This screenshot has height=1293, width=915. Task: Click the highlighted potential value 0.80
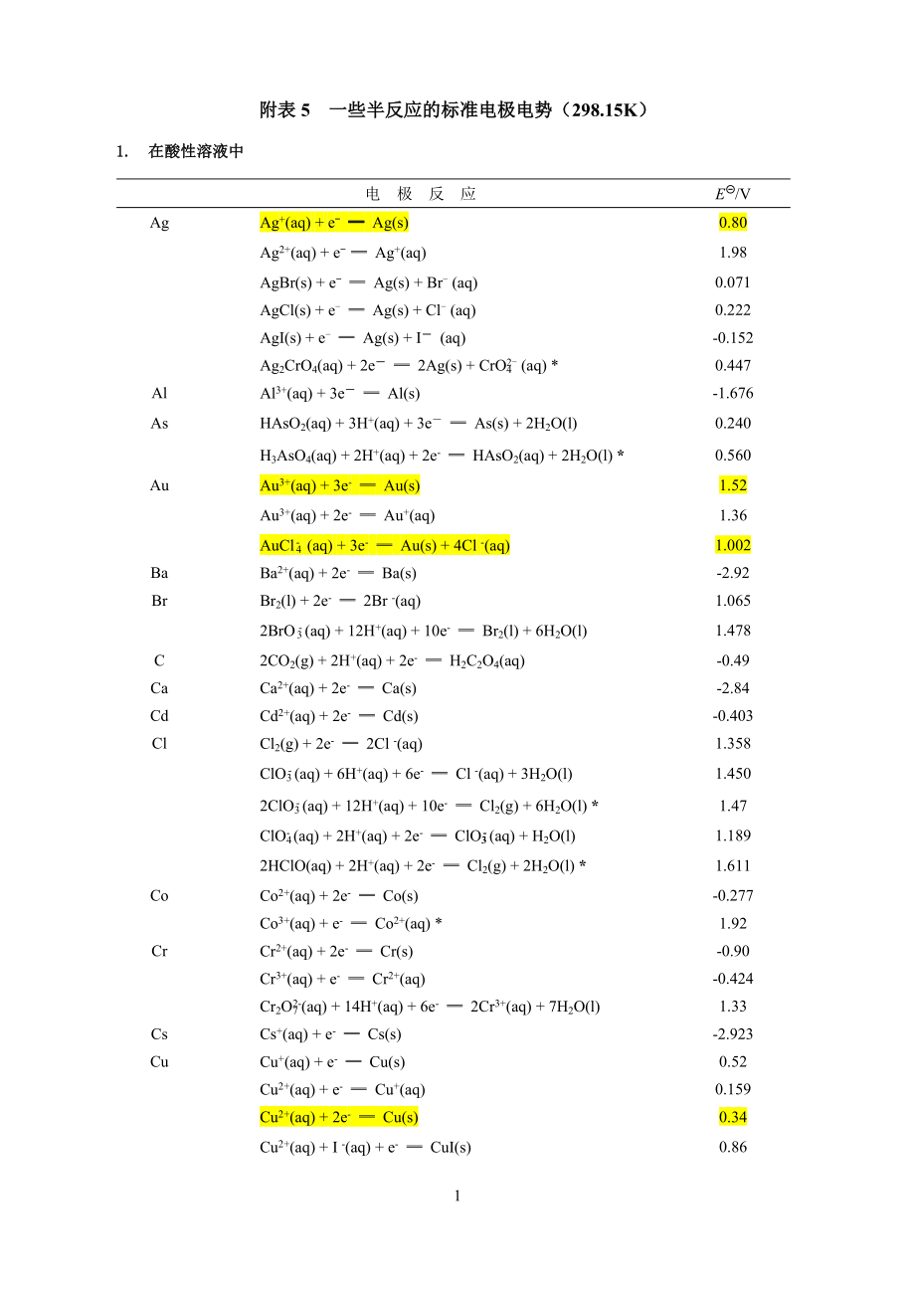(x=732, y=223)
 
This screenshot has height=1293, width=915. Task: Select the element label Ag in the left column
(x=159, y=223)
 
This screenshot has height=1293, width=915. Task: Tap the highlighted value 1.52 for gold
(x=732, y=485)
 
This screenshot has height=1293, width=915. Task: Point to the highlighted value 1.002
(x=732, y=545)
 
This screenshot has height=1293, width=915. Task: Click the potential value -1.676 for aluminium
(x=732, y=393)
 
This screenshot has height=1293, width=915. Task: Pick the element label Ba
(x=159, y=573)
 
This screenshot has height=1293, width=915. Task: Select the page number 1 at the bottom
(x=457, y=1196)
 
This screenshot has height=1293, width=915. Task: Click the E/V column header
(x=732, y=193)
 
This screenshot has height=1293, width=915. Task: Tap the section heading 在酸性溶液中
(x=196, y=152)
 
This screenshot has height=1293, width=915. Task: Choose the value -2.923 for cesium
(x=732, y=1034)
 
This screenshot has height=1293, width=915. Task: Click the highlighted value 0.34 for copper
(x=732, y=1117)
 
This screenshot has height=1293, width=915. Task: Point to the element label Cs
(x=159, y=1034)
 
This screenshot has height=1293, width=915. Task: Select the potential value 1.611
(x=732, y=865)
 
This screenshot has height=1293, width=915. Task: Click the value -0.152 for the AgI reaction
(x=732, y=338)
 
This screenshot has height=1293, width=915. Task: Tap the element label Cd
(x=159, y=716)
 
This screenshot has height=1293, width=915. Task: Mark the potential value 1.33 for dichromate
(x=732, y=1007)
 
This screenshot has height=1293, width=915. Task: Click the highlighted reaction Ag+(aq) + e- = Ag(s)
(x=334, y=223)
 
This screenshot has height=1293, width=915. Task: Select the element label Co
(x=159, y=895)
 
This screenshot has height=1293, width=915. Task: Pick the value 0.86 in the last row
(x=732, y=1147)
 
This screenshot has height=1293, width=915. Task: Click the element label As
(x=159, y=424)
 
